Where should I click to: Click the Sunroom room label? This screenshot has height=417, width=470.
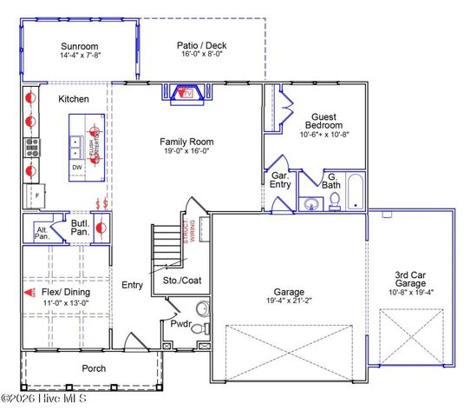point(79,46)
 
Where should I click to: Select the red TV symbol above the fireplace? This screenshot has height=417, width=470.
point(185,93)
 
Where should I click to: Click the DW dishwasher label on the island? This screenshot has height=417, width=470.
point(76,167)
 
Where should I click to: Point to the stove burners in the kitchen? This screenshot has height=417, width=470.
point(30,146)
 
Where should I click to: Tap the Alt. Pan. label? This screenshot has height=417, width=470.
point(42,232)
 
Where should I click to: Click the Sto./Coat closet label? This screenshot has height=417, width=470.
point(181,281)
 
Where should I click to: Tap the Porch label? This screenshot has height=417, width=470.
point(94,368)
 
